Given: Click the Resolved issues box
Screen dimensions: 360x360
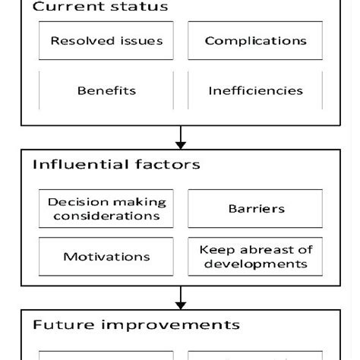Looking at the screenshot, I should point(106,41).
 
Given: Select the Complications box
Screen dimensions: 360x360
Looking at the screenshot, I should point(255,41).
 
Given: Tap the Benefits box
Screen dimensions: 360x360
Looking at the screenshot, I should point(106,90).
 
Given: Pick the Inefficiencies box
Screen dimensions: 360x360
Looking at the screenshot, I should point(255,90).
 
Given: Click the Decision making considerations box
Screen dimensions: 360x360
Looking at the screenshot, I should point(106,209).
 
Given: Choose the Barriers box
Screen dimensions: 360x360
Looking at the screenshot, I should point(255,208).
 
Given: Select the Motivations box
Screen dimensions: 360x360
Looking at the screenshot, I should point(106,257).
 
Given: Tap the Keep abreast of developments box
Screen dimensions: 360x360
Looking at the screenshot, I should point(255,257).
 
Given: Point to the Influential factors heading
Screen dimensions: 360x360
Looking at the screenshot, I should point(116,164).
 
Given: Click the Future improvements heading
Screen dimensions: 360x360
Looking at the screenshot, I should point(136,325).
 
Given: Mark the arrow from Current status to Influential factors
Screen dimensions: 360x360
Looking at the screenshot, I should point(181,137).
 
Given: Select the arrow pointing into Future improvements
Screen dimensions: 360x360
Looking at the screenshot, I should point(181,297).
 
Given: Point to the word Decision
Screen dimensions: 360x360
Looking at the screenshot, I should point(74,202).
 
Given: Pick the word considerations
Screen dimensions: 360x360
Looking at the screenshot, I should point(106,216).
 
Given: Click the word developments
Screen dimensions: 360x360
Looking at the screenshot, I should point(255,264).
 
